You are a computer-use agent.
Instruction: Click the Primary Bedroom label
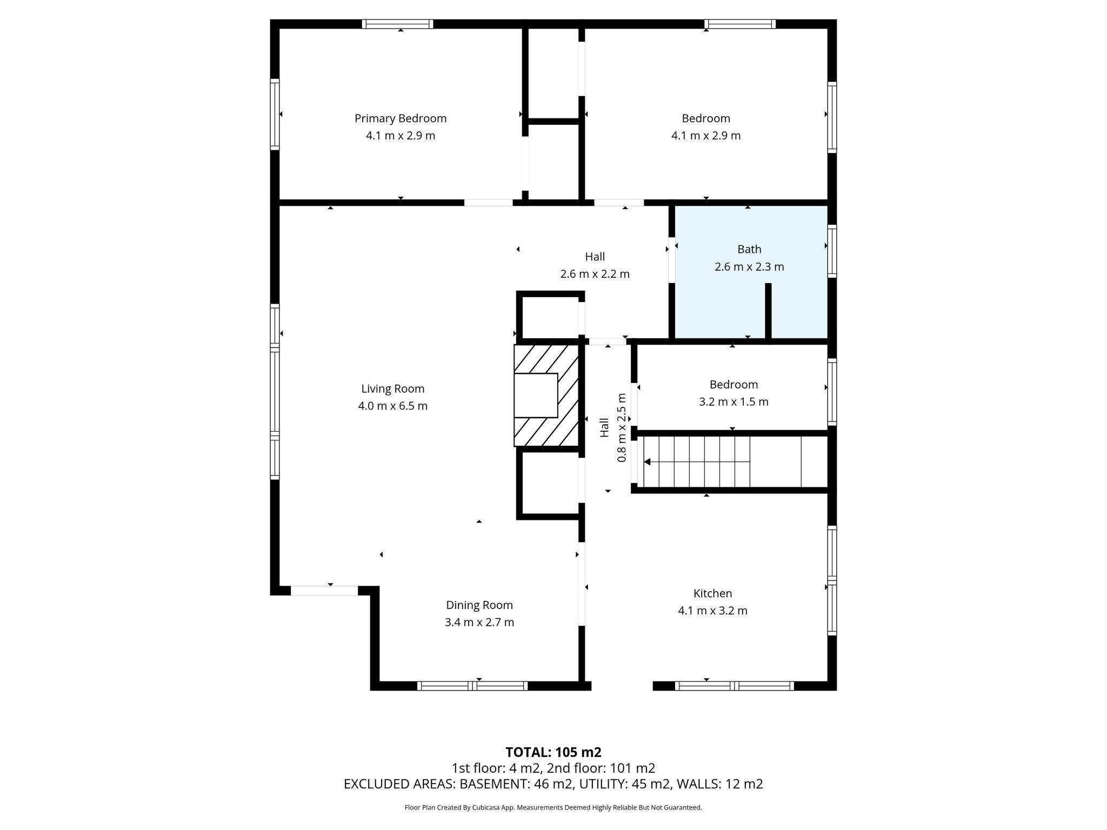pos(400,118)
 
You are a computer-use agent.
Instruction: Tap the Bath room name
pos(749,249)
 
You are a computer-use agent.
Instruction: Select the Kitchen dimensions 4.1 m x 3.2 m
pos(712,611)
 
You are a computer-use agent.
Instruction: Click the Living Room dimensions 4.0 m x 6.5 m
pos(392,406)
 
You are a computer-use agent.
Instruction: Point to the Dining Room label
pos(479,605)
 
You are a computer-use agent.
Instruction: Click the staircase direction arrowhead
pos(647,462)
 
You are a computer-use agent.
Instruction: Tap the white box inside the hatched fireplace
pos(535,396)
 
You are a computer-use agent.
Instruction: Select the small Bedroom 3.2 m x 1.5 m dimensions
pos(733,401)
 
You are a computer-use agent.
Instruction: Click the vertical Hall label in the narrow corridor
pos(604,427)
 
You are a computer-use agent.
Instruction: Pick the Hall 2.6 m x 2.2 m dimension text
pos(595,274)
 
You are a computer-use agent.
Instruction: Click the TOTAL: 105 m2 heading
pos(553,752)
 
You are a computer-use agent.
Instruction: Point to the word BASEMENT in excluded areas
pos(494,784)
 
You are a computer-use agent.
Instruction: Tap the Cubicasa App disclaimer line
pos(553,808)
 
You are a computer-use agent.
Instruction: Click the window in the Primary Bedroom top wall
pos(397,24)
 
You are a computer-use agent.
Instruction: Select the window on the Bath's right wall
pos(832,251)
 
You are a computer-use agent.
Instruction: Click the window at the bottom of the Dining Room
pos(472,686)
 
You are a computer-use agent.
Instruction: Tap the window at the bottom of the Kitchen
pos(734,686)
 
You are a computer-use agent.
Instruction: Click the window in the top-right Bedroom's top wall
pos(739,24)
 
